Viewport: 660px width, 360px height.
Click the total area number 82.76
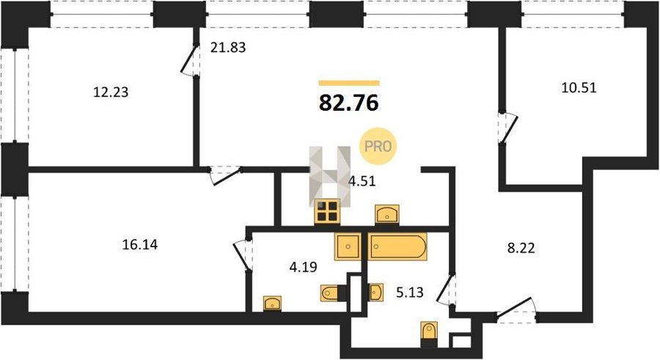tap(349, 103)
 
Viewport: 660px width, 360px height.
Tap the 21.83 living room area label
tap(228, 48)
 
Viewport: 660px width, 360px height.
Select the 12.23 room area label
tap(111, 92)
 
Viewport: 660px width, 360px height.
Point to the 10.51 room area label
tap(579, 88)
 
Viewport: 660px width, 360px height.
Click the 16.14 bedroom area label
tap(140, 244)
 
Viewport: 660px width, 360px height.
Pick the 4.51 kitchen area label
tap(362, 181)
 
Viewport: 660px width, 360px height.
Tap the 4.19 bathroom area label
tap(303, 267)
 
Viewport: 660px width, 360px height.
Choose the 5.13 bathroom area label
tap(409, 292)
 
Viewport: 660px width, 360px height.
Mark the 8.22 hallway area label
tap(521, 248)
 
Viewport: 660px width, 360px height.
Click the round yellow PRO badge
tap(378, 146)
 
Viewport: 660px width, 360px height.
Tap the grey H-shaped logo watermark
tap(329, 177)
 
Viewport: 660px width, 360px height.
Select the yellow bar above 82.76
tap(349, 83)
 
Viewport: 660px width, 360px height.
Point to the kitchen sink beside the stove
tap(387, 214)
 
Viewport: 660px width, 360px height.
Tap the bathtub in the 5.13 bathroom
tap(397, 246)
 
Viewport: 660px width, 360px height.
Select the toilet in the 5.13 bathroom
tap(429, 334)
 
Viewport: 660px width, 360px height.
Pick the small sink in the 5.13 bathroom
tap(376, 293)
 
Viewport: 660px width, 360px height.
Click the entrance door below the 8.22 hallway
tap(516, 311)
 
